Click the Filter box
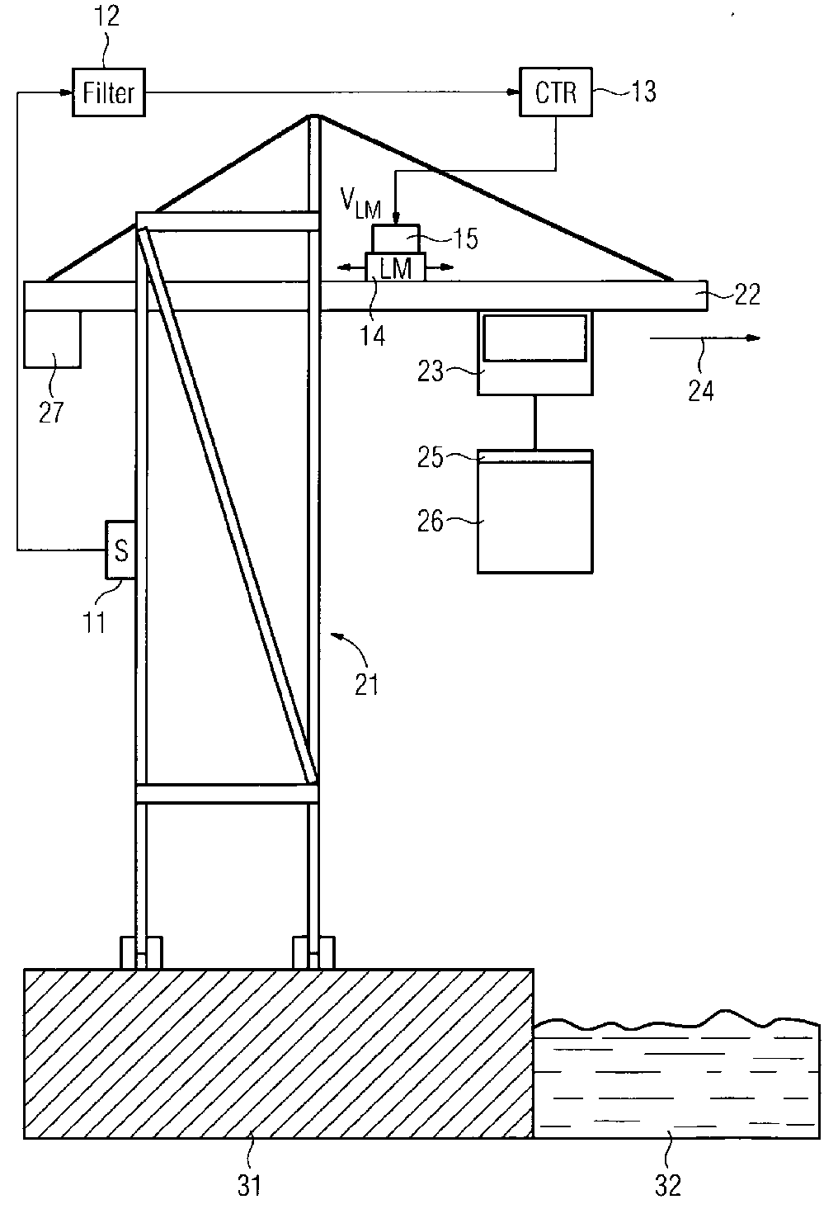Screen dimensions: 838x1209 (x=109, y=93)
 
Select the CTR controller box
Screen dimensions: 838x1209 (x=556, y=93)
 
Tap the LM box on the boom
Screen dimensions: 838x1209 (x=396, y=267)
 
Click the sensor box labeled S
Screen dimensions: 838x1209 (x=120, y=549)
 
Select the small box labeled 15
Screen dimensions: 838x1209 (x=396, y=238)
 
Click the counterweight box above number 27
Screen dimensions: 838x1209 (x=53, y=338)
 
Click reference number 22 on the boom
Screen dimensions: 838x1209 (x=747, y=295)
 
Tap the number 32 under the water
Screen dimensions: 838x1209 (x=668, y=1185)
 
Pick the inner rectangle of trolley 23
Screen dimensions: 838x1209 (x=535, y=338)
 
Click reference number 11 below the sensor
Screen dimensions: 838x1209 (x=96, y=621)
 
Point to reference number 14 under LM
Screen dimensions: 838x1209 (x=373, y=336)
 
